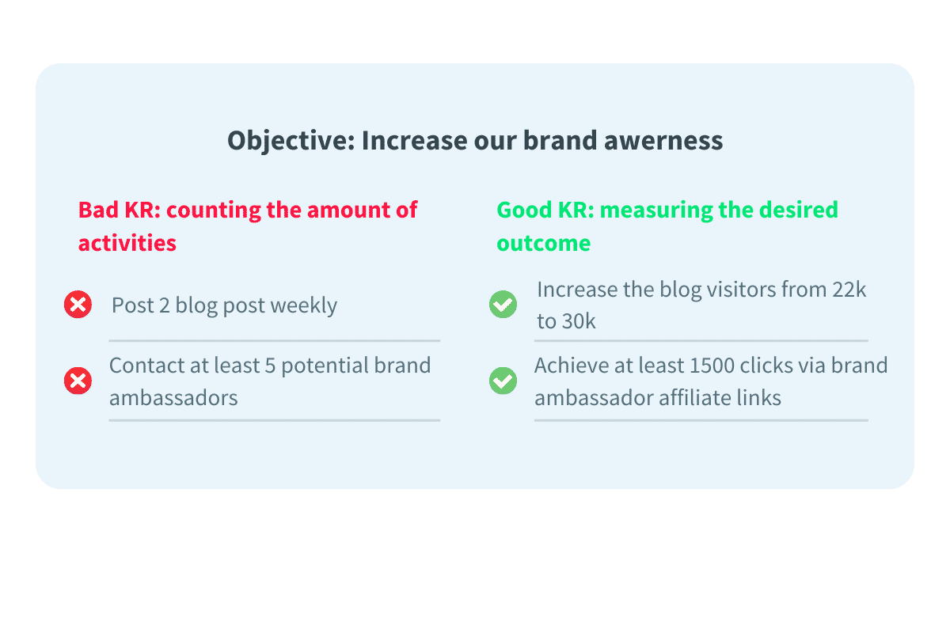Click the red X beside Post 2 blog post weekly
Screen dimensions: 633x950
(x=78, y=305)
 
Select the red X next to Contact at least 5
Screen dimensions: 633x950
(x=78, y=381)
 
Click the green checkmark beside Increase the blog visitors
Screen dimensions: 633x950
(x=503, y=305)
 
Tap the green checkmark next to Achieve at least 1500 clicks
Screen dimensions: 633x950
(x=503, y=381)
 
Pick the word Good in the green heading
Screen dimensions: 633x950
(x=522, y=210)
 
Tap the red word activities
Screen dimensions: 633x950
(x=127, y=242)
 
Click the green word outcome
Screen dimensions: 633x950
(x=543, y=242)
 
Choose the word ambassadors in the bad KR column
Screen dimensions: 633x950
(x=173, y=397)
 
